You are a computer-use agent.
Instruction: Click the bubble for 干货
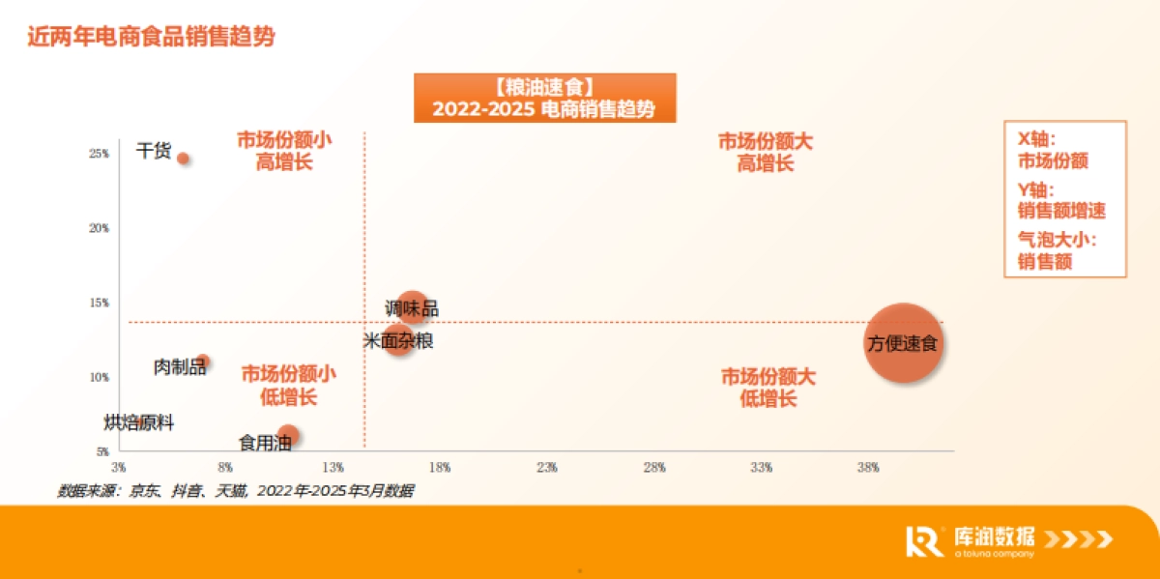pos(183,159)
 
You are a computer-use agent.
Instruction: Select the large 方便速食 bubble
pos(903,341)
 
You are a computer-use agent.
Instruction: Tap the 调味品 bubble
pos(413,307)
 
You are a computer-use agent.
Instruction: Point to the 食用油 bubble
pos(287,436)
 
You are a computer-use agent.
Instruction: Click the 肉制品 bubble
pos(203,362)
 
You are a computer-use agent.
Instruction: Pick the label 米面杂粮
pos(398,340)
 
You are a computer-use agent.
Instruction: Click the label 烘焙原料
pos(139,422)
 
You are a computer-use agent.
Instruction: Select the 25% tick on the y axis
pos(100,154)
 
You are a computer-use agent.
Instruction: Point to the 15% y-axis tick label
pos(100,303)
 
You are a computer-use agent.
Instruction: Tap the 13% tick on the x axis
pos(333,468)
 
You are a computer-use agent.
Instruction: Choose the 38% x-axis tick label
pos(868,468)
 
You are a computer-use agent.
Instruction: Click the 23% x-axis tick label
pos(547,468)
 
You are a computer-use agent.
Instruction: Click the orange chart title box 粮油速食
pos(544,98)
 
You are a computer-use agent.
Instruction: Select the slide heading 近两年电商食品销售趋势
pos(152,38)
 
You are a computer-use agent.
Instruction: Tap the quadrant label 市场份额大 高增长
pos(766,152)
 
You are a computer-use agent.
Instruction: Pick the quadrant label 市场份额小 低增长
pos(288,385)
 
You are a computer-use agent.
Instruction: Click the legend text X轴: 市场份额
pos(1053,151)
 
